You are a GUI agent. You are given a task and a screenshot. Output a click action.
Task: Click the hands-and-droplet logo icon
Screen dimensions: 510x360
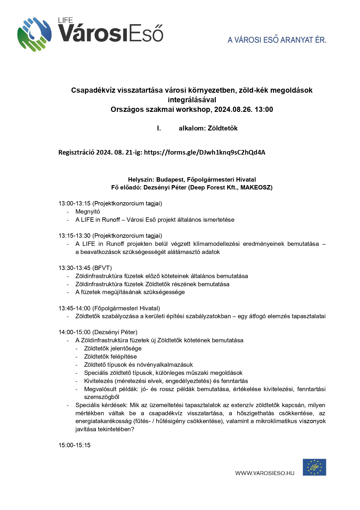click(x=35, y=34)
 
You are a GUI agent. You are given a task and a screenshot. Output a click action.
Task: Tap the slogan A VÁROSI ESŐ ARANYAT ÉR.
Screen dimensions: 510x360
click(x=277, y=40)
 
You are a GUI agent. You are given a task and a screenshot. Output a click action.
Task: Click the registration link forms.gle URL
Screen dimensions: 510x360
click(x=204, y=153)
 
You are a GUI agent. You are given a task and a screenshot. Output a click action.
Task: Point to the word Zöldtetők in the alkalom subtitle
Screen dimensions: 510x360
click(x=223, y=128)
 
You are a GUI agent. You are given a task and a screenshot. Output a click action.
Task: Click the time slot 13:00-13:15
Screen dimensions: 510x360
click(x=75, y=203)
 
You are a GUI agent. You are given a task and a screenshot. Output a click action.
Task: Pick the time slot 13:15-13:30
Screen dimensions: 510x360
click(x=75, y=236)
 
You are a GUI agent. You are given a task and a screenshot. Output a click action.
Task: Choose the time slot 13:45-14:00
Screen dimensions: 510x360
click(x=75, y=308)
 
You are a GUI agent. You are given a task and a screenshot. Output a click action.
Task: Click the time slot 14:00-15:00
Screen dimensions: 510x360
click(x=75, y=332)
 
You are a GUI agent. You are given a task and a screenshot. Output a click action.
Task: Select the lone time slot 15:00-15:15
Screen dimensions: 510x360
click(x=75, y=445)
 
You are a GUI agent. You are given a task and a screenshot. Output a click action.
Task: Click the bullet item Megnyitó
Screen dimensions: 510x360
click(x=88, y=212)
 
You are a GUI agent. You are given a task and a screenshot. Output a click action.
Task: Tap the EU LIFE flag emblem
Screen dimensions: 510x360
click(x=314, y=467)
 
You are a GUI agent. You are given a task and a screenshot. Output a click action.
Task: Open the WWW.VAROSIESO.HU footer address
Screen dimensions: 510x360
click(x=265, y=473)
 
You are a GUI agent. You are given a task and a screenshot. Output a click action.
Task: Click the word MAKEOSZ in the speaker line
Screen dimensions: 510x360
click(x=255, y=187)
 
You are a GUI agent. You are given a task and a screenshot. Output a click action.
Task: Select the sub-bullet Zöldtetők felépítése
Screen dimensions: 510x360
click(x=110, y=357)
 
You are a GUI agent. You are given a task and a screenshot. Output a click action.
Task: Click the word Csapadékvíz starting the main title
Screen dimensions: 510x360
click(x=93, y=90)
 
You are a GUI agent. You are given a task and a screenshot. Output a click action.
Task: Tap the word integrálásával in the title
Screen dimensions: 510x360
click(x=192, y=100)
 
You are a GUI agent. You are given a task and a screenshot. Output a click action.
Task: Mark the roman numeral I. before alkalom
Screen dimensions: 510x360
click(x=159, y=128)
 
